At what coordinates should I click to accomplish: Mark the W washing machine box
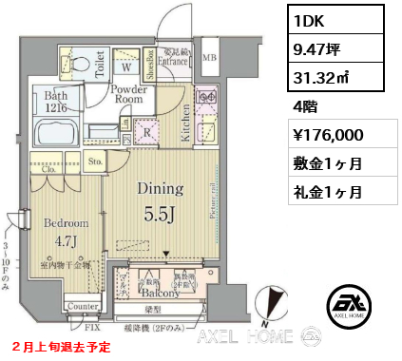point(124,66)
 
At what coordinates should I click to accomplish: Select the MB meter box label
point(209,60)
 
